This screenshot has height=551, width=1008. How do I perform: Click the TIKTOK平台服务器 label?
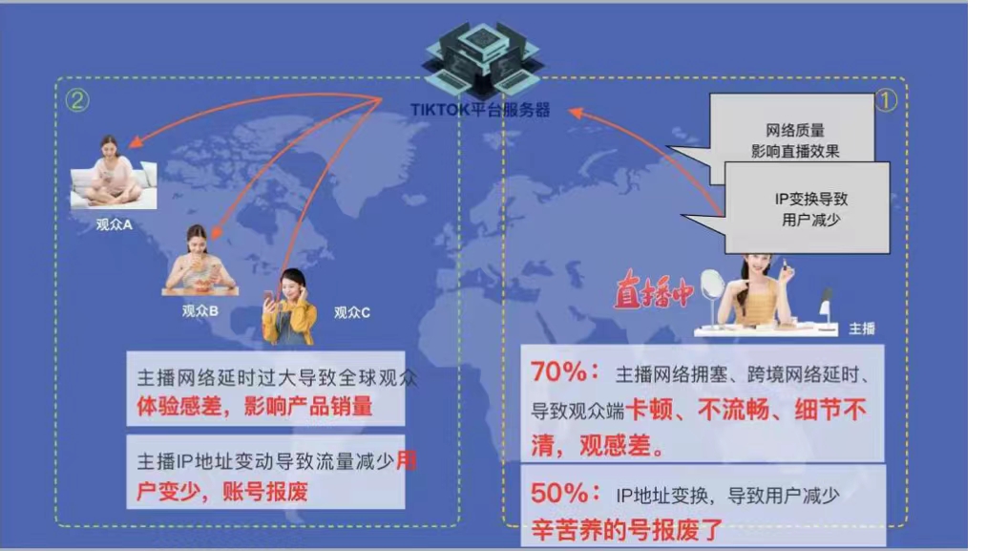480,109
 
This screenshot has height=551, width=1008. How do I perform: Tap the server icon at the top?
480,53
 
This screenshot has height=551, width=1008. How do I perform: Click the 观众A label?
114,225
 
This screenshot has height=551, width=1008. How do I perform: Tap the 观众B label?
200,310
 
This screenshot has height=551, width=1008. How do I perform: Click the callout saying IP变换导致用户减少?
808,209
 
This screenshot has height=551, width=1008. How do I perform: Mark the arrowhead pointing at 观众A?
136,145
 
